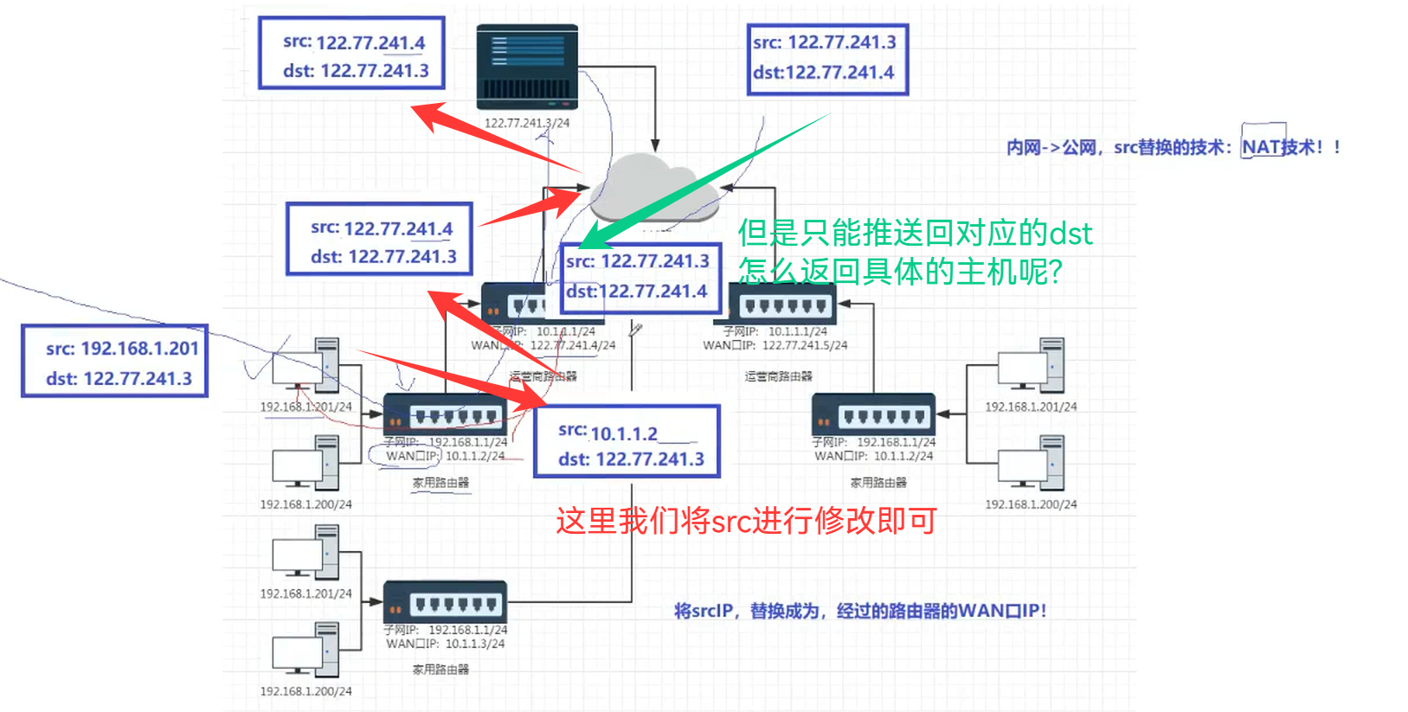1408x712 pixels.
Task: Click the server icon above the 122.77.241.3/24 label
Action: pyautogui.click(x=526, y=65)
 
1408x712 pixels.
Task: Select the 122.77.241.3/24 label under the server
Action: pyautogui.click(x=526, y=123)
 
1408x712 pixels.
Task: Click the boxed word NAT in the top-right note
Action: pyautogui.click(x=1261, y=147)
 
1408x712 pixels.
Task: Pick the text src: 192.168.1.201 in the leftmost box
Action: pyautogui.click(x=122, y=349)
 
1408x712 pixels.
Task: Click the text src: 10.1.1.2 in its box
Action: pyautogui.click(x=608, y=433)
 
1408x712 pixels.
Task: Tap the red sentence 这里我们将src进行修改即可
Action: pyautogui.click(x=746, y=521)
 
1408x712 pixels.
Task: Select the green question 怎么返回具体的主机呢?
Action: pyautogui.click(x=900, y=272)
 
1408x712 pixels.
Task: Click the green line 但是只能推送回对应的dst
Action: pyautogui.click(x=915, y=233)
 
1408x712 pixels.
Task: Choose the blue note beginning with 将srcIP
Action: pyautogui.click(x=860, y=611)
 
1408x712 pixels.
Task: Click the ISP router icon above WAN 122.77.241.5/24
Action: pyautogui.click(x=782, y=304)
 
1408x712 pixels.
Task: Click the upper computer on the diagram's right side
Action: pyautogui.click(x=1032, y=366)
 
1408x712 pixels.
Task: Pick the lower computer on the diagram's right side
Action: pyautogui.click(x=1032, y=464)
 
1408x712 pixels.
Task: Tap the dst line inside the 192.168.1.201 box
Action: pyautogui.click(x=119, y=379)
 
